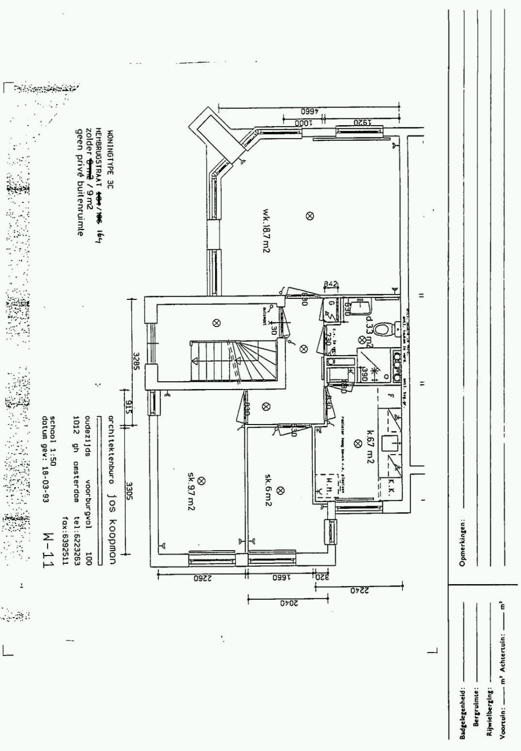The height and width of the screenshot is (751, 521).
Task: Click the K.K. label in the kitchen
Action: (391, 490)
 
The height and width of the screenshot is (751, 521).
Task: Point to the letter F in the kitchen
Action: (390, 396)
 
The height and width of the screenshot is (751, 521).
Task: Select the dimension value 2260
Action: (201, 577)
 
